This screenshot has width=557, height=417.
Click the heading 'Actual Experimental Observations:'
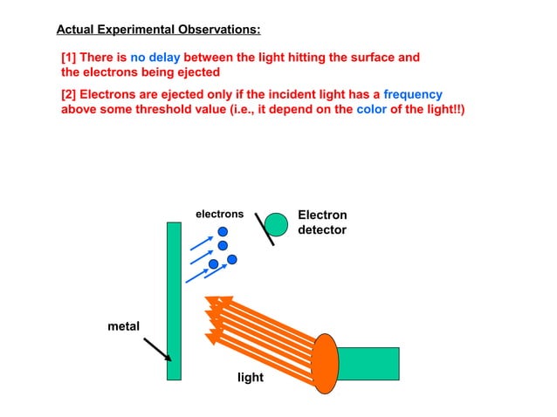coord(158,30)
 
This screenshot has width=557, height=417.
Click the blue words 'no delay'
coord(155,58)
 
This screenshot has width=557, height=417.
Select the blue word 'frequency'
coord(413,94)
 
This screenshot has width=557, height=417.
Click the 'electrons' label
coord(219,214)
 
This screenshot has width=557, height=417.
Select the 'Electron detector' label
coord(322,222)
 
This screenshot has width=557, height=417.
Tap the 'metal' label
coord(123,325)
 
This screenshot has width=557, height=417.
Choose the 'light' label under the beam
coord(250,378)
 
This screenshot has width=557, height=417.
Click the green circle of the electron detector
coord(276,224)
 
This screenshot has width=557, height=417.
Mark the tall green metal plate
coord(174,301)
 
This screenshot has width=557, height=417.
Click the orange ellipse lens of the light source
coord(325,361)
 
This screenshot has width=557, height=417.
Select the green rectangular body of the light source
coord(368,363)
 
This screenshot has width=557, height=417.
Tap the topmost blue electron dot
coord(223,231)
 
